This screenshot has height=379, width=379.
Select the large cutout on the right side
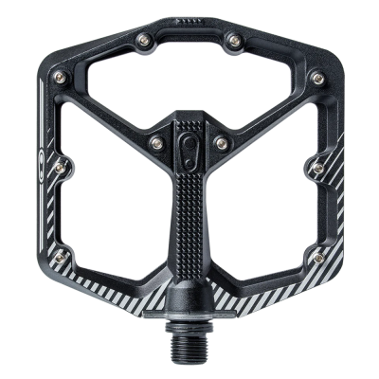click(x=275, y=180)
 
